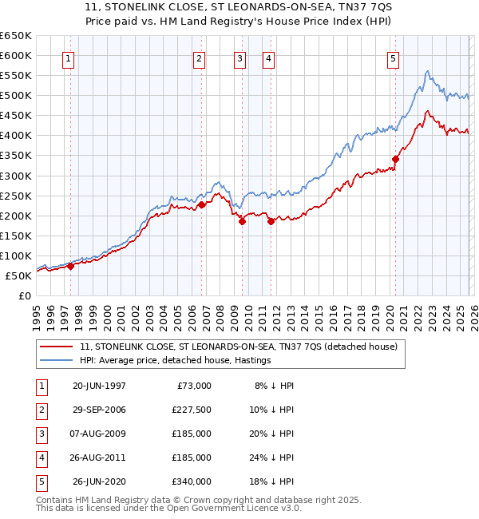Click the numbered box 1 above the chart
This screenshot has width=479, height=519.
(69, 57)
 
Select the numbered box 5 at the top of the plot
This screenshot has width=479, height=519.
(394, 57)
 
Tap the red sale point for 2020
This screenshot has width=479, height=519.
(395, 159)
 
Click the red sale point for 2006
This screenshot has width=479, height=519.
(202, 204)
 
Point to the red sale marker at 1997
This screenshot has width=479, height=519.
(70, 267)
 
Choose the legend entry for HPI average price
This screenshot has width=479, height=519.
(175, 361)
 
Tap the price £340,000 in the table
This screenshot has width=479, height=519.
(192, 481)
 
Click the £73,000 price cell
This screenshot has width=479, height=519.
(195, 386)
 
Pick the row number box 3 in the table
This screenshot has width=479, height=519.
(41, 434)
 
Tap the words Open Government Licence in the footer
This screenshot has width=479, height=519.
(228, 508)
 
